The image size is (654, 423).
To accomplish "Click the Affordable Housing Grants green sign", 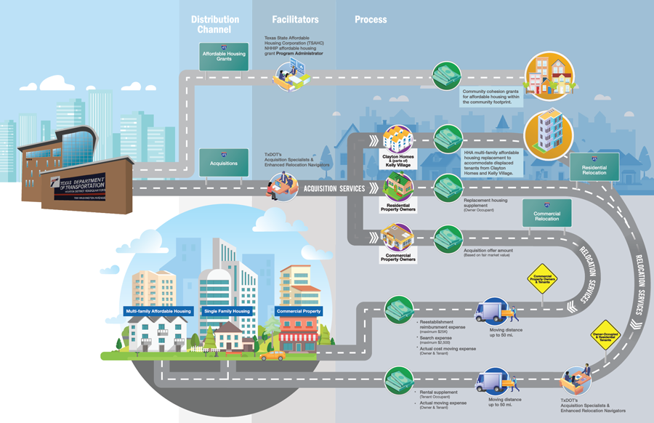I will coord(224,55).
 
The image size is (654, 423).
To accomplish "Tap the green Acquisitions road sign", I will coord(224,161).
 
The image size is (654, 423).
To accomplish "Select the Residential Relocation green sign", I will coord(594,169).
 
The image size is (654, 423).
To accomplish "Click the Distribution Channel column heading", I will coord(215,25).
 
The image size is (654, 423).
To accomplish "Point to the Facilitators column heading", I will coord(295,20).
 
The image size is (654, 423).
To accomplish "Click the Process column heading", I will coord(371,20).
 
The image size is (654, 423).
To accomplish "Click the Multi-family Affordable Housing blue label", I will coord(158,311).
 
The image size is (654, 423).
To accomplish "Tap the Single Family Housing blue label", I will coord(227,311).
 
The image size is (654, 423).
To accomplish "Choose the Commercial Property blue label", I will coord(298,311).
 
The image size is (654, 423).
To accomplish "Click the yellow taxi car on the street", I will coord(273,355).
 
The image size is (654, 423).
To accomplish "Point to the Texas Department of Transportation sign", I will coord(76,182).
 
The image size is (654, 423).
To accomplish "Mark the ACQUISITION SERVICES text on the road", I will coord(334,189).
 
